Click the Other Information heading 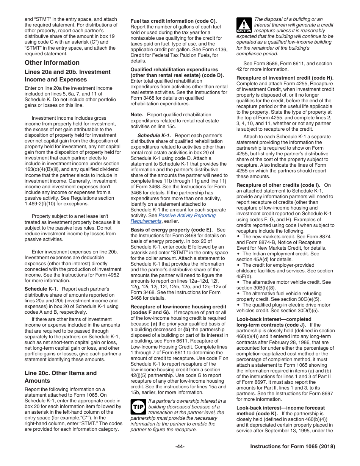tap(52, 63)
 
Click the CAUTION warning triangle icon tap(244, 25)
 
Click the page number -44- tap(180, 447)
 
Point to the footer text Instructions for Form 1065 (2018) tap(293, 447)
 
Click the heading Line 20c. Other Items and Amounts tap(61, 377)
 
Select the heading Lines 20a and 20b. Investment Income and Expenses tap(67, 76)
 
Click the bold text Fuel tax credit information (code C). tap(174, 21)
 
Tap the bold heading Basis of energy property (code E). tap(171, 230)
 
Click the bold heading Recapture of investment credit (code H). tap(285, 78)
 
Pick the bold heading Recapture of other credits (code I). tap(278, 185)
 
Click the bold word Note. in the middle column tap(137, 115)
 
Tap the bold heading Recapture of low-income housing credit tap(178, 307)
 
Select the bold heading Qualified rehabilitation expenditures tap(174, 70)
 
